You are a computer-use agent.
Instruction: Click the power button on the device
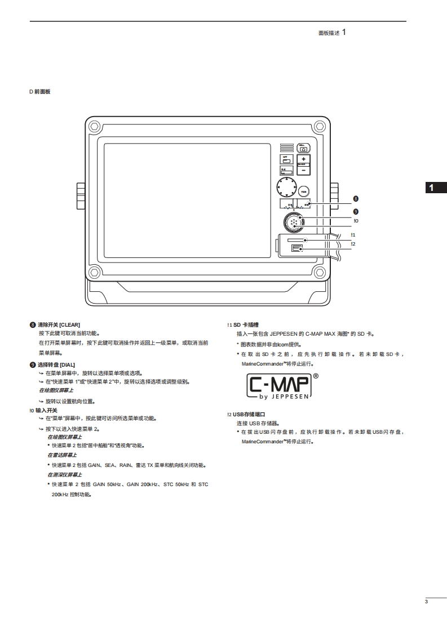[303, 148]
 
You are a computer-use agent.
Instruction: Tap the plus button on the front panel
[303, 159]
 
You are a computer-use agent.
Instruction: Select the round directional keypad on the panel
[286, 188]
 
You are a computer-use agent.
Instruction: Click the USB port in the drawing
[297, 248]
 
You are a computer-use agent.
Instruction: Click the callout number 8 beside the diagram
[355, 198]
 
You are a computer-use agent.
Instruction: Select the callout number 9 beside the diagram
[355, 211]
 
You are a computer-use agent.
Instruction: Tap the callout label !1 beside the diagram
[353, 235]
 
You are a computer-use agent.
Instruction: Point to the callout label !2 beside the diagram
[353, 244]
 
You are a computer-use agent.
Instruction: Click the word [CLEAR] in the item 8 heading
[70, 325]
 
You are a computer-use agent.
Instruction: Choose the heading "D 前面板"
[39, 91]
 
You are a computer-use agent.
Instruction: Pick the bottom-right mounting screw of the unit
[320, 273]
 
